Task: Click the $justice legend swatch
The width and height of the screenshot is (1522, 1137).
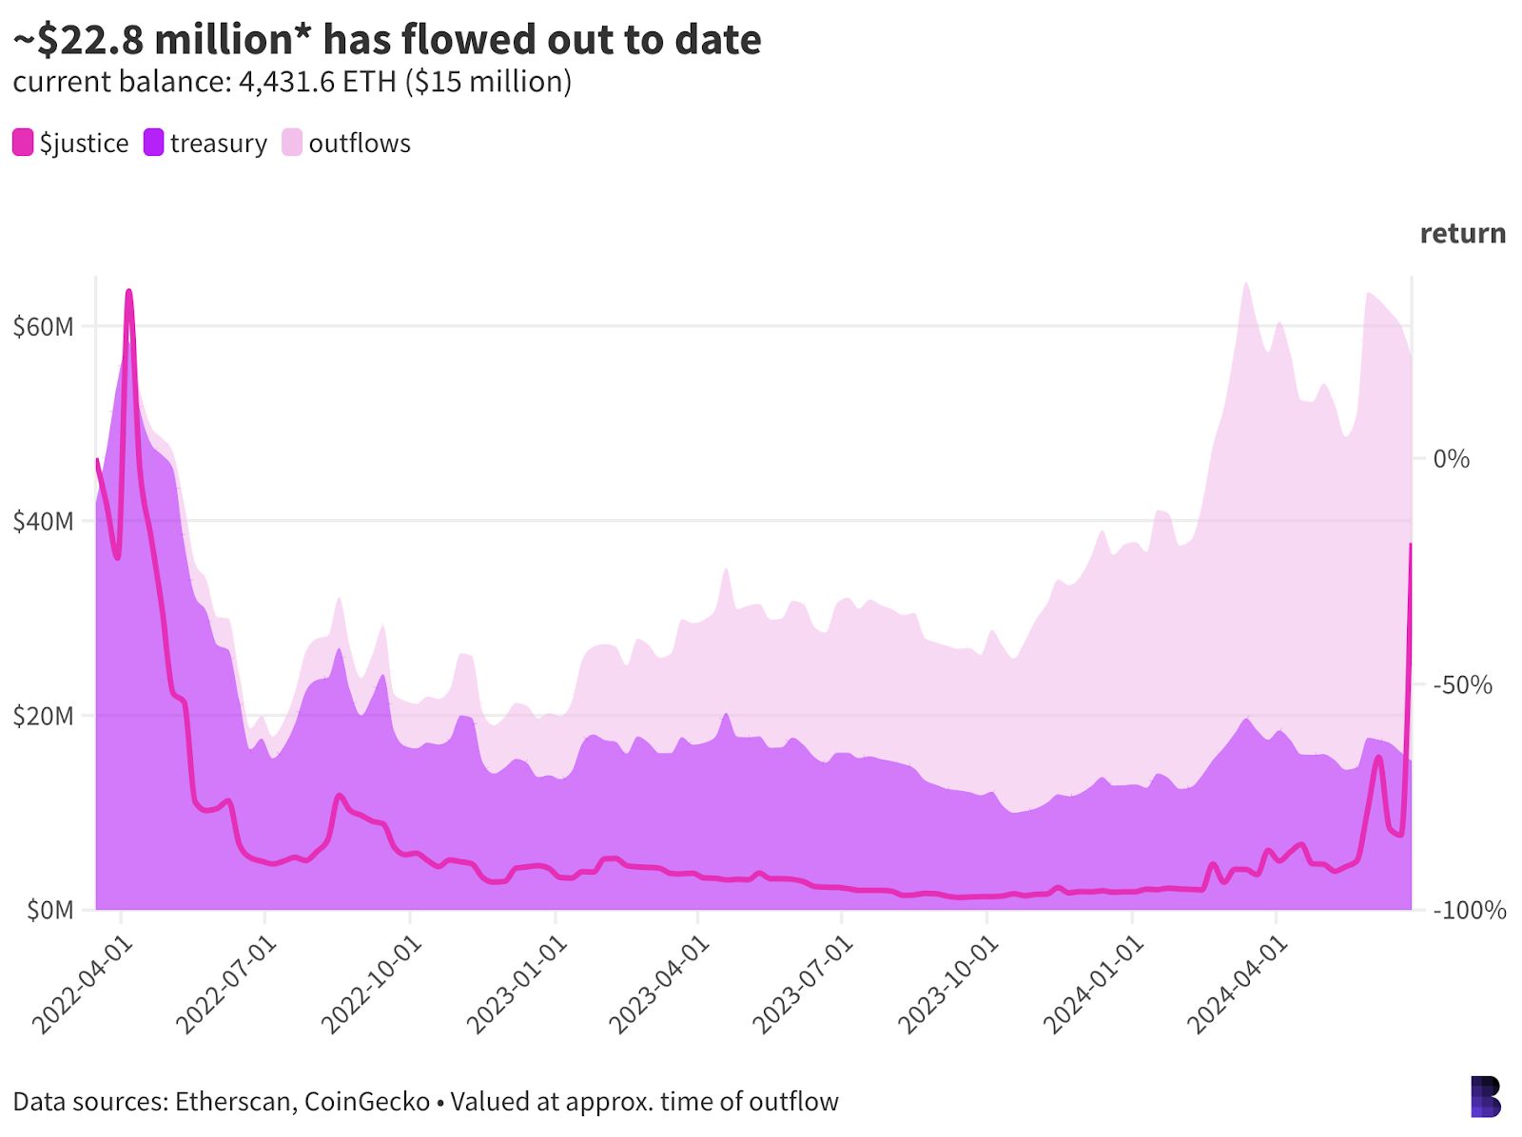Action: [x=23, y=143]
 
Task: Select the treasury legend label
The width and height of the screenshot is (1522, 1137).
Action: [x=219, y=143]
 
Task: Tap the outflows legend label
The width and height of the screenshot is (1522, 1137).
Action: [x=360, y=143]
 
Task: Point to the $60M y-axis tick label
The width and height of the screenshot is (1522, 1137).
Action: [x=43, y=327]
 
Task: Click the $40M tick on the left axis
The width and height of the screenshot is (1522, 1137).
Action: [x=43, y=521]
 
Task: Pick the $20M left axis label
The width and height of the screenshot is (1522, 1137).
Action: [x=43, y=716]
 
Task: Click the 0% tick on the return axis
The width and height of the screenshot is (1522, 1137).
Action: [x=1452, y=459]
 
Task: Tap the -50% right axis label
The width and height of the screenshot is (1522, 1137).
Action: [x=1462, y=684]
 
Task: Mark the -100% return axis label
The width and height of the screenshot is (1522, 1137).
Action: [x=1469, y=910]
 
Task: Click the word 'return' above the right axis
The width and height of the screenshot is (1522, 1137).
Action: [x=1462, y=233]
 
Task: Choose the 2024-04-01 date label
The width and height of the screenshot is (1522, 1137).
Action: [x=1235, y=984]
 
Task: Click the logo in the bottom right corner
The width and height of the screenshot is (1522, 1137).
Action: [x=1485, y=1096]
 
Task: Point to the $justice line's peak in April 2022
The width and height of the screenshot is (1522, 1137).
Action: [x=128, y=292]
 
